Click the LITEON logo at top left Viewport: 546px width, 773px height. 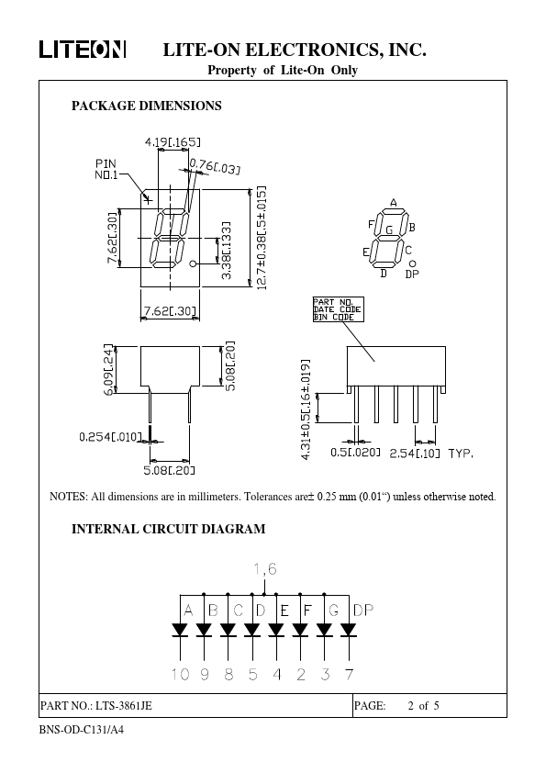tap(83, 50)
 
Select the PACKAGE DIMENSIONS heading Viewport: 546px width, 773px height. tap(146, 106)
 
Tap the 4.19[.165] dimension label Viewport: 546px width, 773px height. tap(173, 142)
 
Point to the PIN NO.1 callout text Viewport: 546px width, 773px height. tap(106, 169)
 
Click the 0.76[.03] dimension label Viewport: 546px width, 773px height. tap(215, 165)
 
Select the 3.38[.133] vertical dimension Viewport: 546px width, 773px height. tap(226, 251)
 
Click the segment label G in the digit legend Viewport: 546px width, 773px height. tap(389, 230)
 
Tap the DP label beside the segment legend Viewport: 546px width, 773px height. tap(412, 274)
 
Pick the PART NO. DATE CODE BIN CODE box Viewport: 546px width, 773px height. tap(339, 309)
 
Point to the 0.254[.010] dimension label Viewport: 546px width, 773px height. tap(110, 437)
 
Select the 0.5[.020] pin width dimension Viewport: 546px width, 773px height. tap(355, 452)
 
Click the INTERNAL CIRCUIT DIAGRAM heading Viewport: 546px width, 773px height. tap(169, 529)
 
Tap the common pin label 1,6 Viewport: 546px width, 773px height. tap(265, 569)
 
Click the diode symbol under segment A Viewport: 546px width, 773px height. tap(180, 630)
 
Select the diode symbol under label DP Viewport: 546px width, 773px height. tap(349, 630)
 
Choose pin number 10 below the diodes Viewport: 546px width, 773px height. tap(180, 674)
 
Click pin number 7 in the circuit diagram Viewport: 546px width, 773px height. tap(349, 674)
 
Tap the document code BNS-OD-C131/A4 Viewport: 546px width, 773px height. tap(82, 730)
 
